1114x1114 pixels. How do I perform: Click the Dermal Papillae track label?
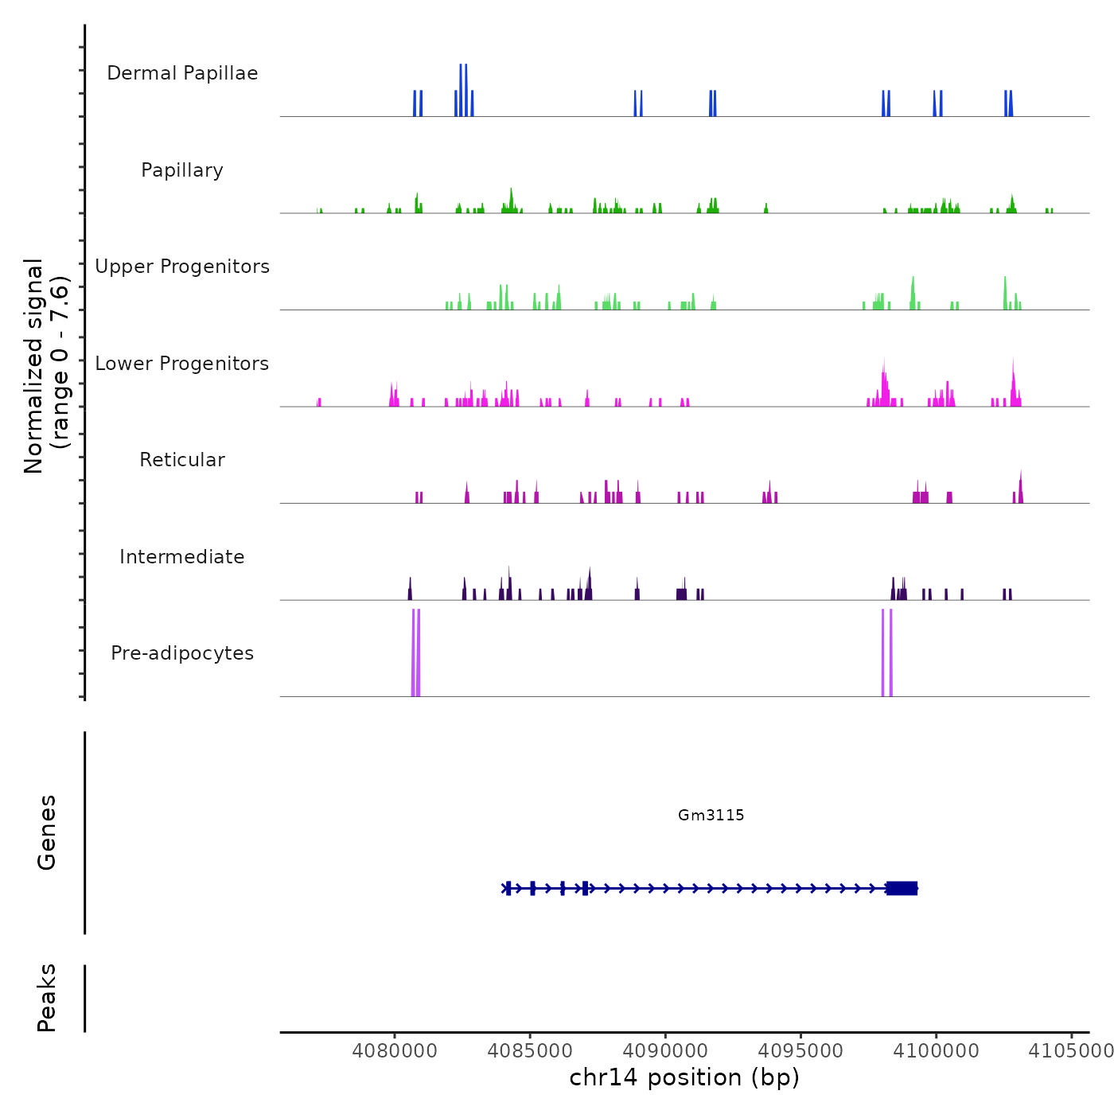tap(182, 73)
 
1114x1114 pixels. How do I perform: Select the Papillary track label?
tap(182, 170)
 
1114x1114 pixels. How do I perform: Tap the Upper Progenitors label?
tap(182, 267)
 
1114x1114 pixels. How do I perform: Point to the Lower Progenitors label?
tap(182, 364)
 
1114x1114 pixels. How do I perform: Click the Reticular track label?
tap(182, 460)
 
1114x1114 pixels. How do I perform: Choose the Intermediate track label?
tap(182, 557)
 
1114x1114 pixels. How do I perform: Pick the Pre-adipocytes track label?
tap(182, 653)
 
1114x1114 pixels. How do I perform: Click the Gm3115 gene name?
tap(711, 815)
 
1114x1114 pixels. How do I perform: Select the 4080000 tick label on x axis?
tap(395, 1051)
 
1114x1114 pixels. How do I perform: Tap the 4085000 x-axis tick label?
tap(530, 1051)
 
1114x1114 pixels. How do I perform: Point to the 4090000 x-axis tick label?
tap(665, 1051)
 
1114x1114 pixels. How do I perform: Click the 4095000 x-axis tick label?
tap(800, 1051)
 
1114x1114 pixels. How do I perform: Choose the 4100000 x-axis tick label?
tap(937, 1051)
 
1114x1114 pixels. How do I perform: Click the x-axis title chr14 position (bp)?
tap(684, 1077)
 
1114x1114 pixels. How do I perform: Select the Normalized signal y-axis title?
tap(46, 366)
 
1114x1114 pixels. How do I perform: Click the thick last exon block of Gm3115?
tap(902, 888)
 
